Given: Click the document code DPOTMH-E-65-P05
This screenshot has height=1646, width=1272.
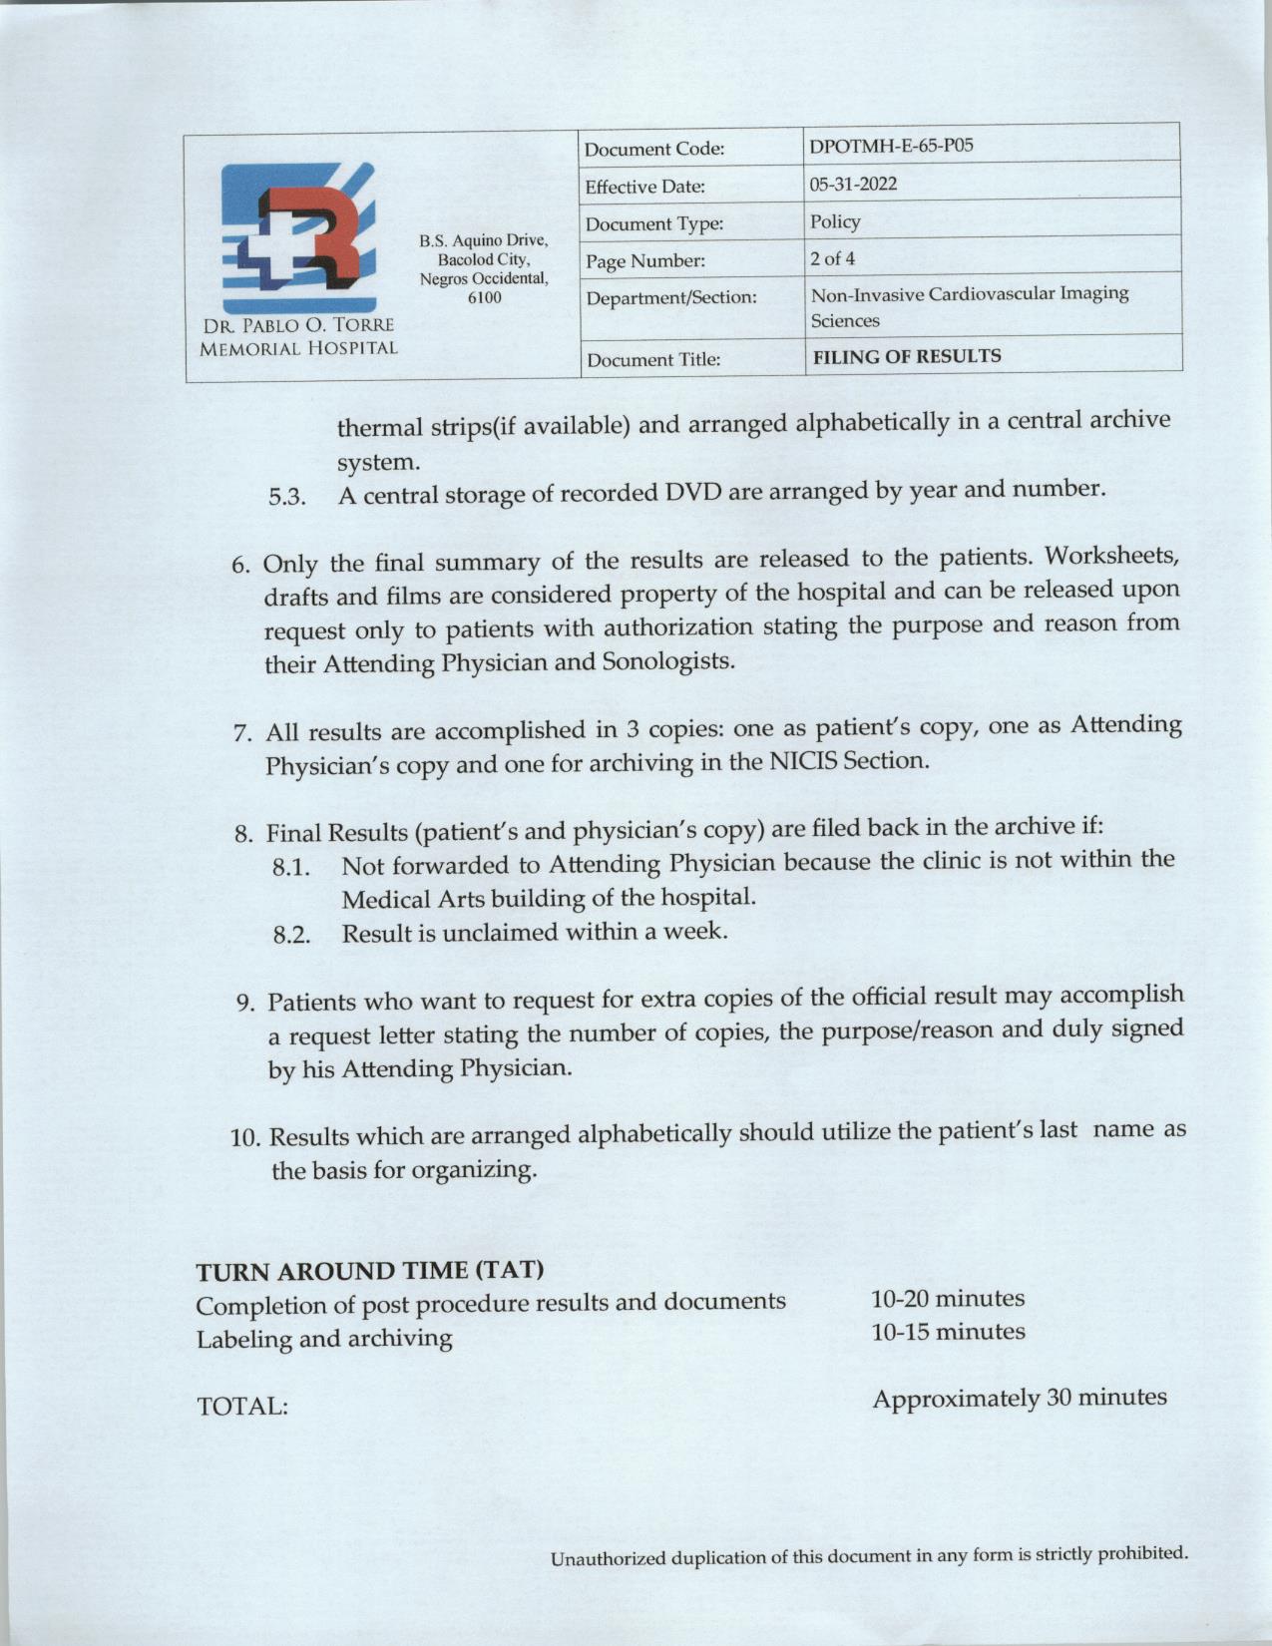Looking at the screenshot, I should [890, 146].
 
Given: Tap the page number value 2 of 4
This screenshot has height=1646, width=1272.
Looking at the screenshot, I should [832, 258].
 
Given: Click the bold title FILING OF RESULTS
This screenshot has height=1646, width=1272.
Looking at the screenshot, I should [907, 356].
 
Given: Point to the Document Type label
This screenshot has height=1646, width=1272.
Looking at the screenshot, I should [653, 224].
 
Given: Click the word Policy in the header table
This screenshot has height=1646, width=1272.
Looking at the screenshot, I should [835, 221].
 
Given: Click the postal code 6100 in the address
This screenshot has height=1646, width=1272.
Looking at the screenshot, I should [485, 298].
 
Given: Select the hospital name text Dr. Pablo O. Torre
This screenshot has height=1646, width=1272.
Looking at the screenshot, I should [298, 325].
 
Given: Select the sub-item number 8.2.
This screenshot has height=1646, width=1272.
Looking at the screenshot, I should [291, 936].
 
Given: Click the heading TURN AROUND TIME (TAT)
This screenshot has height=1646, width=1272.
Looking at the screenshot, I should [370, 1271].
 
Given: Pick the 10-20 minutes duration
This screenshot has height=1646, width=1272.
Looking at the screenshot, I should [948, 1298].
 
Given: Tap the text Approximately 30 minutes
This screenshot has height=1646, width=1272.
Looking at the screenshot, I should [1020, 1398].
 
